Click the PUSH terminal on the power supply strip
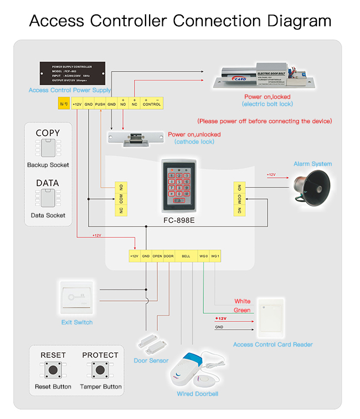pos(100,104)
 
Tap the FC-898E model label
pos(179,220)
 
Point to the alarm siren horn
pos(311,186)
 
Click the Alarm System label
pos(312,163)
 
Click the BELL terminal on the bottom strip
pos(186,257)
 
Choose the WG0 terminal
pos(203,257)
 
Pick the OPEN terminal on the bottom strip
pos(157,257)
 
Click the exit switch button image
pos(77,298)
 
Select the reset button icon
pos(53,370)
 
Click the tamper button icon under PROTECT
pos(100,370)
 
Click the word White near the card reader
pos(243,302)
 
